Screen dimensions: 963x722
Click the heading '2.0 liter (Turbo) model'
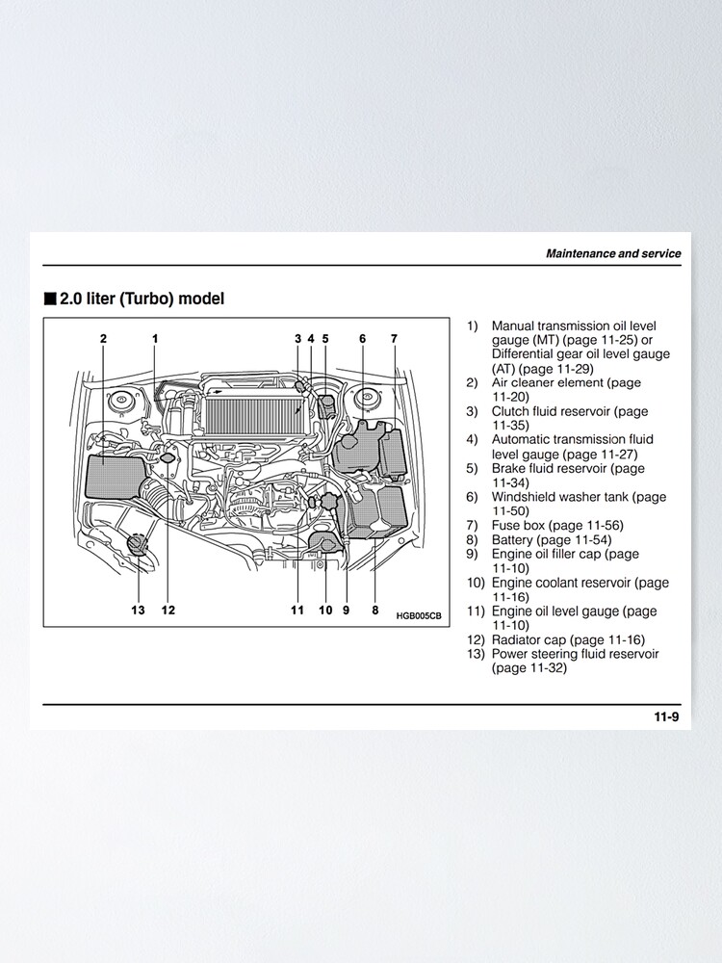tap(142, 299)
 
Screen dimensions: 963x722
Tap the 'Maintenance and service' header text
tap(613, 254)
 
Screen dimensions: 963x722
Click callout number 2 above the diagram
tap(103, 338)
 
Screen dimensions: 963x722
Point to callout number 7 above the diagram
tap(394, 338)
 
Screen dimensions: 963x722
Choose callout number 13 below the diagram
tap(139, 610)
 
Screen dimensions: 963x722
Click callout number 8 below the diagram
tap(375, 610)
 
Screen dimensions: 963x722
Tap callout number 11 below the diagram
tap(297, 610)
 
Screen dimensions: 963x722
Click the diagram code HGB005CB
tap(419, 615)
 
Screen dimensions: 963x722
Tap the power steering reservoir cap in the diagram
tap(139, 543)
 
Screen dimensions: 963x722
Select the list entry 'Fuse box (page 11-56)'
tap(556, 526)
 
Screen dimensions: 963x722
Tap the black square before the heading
tap(50, 299)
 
